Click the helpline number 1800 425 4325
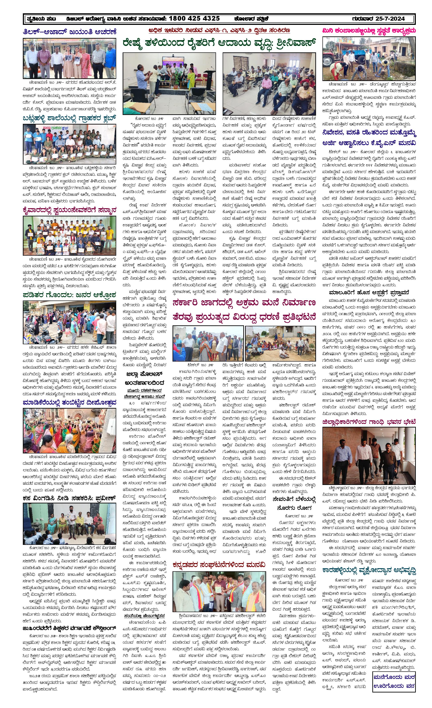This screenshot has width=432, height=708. [x=194, y=19]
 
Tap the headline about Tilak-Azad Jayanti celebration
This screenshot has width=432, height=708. [x=69, y=32]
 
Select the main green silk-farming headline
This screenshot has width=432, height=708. [x=219, y=44]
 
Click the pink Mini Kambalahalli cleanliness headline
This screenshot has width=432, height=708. [x=369, y=31]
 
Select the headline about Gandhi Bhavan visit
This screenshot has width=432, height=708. [x=369, y=422]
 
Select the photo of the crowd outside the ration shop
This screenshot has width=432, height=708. [x=69, y=323]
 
